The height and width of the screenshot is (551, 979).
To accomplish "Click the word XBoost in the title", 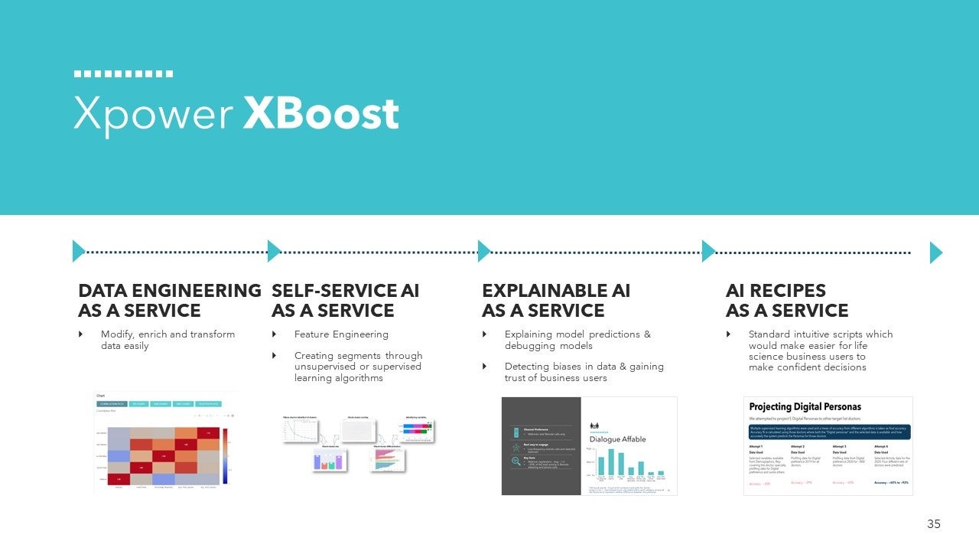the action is [x=321, y=115].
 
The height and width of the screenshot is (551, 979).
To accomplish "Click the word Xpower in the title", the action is [x=153, y=115].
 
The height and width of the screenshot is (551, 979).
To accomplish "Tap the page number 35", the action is [x=934, y=524].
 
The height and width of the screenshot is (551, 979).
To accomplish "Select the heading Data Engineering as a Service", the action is [x=169, y=301].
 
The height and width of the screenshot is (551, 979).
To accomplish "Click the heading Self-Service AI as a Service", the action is [x=345, y=301].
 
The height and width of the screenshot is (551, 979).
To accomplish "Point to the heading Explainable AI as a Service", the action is [x=556, y=301].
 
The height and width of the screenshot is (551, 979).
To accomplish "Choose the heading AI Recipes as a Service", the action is [x=787, y=301].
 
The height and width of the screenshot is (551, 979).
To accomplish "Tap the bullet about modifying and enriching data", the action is [x=168, y=340].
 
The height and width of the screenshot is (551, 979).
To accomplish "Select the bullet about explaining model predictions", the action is [x=577, y=340].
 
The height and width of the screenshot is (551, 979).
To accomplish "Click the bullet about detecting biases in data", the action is [x=584, y=372].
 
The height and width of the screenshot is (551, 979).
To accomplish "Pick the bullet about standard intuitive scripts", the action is [x=820, y=350].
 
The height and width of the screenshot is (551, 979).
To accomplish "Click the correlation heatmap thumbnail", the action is [x=164, y=442].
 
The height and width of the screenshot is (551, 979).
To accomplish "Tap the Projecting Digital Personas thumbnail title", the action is [x=805, y=407].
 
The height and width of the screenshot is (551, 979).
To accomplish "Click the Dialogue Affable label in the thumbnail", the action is [x=617, y=439].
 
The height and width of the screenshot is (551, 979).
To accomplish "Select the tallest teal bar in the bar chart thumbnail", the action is [x=611, y=461].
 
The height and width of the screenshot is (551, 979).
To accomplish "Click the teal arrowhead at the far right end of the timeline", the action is [x=935, y=253].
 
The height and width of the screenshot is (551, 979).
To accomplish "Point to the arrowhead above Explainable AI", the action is [x=483, y=251].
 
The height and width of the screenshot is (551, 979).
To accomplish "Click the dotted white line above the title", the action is [x=123, y=74].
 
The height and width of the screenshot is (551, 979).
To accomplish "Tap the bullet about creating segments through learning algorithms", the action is [x=358, y=367].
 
